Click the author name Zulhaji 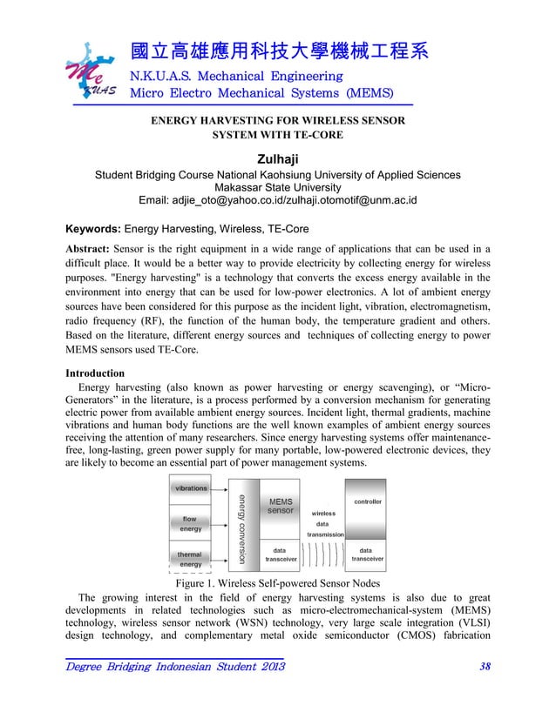(277, 158)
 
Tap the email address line (277, 201)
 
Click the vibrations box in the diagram (192, 488)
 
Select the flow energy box (191, 523)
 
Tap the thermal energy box (191, 558)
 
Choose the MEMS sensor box (281, 507)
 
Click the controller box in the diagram (367, 502)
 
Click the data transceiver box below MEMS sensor (281, 554)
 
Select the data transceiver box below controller (367, 554)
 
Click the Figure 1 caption (277, 583)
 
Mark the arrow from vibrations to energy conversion (221, 489)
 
